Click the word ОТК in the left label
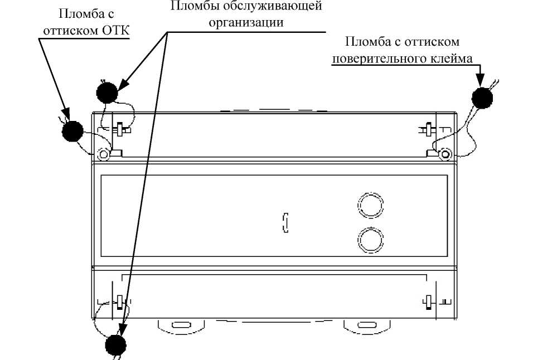(116, 30)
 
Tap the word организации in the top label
(246, 22)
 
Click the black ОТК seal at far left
(72, 131)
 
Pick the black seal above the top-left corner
(106, 93)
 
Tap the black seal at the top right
(482, 98)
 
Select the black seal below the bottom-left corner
(116, 345)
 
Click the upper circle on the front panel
(370, 205)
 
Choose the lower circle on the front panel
(370, 240)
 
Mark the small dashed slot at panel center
(285, 223)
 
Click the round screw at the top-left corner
(104, 154)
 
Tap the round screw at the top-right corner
(445, 154)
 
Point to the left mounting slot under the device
(181, 325)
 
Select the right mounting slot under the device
(366, 325)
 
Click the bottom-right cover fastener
(428, 302)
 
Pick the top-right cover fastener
(428, 129)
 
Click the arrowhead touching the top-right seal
(481, 80)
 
